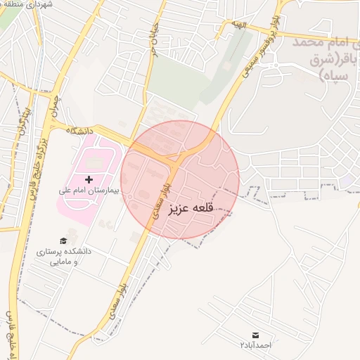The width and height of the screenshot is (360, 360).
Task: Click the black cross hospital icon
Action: tap(89, 181)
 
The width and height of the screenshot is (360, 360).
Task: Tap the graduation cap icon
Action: tap(64, 241)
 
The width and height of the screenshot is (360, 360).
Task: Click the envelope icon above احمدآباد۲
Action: tap(255, 334)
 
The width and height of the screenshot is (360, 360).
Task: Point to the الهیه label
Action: tap(241, 25)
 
